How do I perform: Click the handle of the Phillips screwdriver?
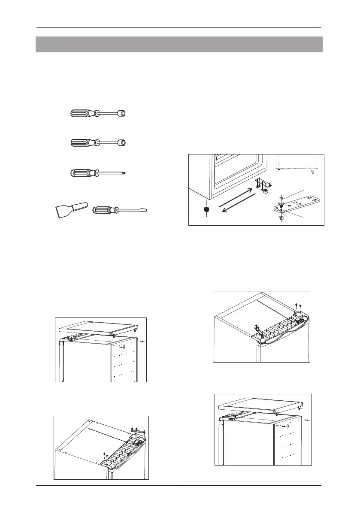[81, 172]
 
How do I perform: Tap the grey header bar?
[179, 44]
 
